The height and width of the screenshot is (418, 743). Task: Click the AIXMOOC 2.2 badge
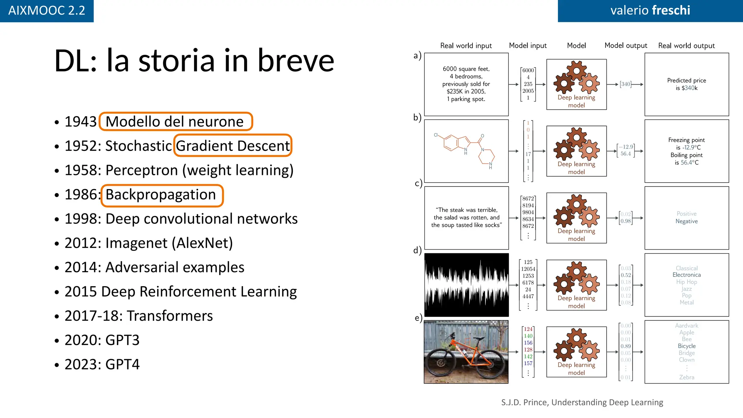[46, 11]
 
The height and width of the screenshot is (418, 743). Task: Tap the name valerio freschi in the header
[650, 11]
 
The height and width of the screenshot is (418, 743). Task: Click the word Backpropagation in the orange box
[161, 195]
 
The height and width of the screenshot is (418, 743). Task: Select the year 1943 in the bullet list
[81, 122]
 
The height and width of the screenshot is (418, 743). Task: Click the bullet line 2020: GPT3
[102, 340]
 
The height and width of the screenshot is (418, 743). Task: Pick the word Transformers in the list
[170, 316]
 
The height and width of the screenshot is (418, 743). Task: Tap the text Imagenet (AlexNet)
[169, 243]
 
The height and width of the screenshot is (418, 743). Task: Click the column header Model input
[528, 46]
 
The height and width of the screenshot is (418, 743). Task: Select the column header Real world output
[686, 46]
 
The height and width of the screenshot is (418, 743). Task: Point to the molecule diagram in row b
[466, 151]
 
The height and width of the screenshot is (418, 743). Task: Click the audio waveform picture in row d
[466, 285]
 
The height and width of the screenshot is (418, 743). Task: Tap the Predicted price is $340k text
[686, 84]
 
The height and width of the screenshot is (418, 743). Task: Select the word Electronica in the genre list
[686, 275]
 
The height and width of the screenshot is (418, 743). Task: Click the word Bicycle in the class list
[686, 346]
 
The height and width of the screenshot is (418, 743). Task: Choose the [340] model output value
[625, 84]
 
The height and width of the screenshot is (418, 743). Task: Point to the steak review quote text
[466, 217]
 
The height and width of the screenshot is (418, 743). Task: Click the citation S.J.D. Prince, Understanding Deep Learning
[582, 402]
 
